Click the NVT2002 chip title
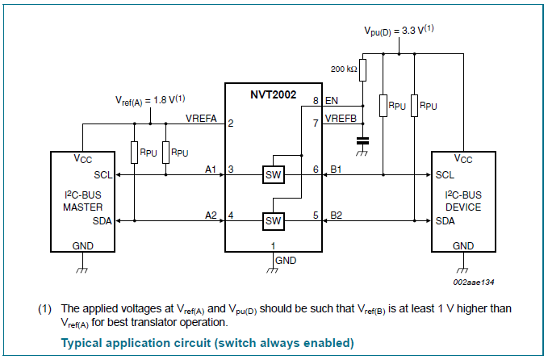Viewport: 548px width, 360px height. click(274, 95)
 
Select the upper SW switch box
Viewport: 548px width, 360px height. click(274, 174)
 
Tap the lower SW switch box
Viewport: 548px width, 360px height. click(274, 220)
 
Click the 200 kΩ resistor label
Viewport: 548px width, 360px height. click(341, 69)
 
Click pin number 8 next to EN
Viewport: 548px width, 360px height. click(316, 101)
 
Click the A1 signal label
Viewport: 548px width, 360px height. click(211, 170)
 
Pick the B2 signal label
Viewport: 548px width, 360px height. click(337, 215)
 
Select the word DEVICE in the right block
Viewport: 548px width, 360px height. click(463, 207)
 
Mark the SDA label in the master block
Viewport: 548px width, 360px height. click(102, 220)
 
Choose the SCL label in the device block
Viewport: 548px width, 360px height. click(445, 174)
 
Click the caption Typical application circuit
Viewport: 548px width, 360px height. click(207, 343)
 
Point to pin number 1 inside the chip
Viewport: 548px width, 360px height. click(273, 245)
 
